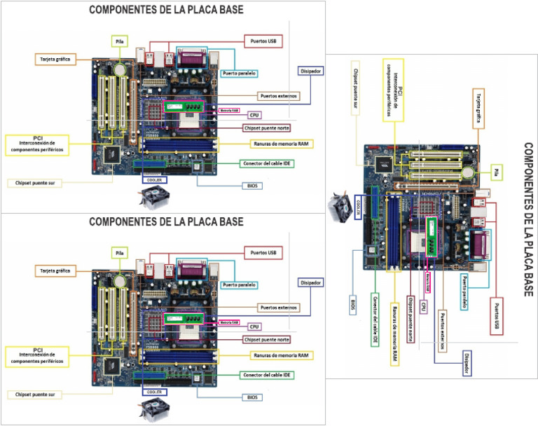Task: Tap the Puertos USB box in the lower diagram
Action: pos(263,252)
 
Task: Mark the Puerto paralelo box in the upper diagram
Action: pos(238,73)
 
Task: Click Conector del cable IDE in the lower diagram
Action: pos(267,375)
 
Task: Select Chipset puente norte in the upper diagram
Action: pos(265,128)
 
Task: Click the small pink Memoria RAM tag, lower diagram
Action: pos(229,322)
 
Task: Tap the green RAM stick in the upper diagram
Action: pos(187,106)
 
